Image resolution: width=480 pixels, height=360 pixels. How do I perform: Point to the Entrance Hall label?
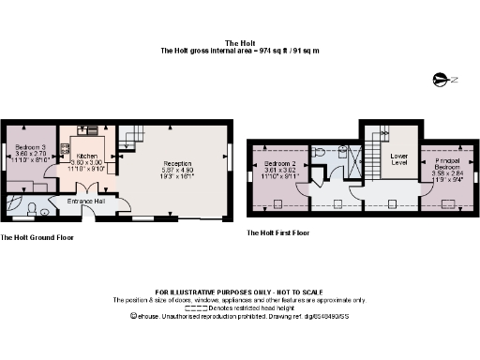click(x=84, y=201)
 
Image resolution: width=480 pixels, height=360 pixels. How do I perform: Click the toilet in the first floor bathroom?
click(x=320, y=151)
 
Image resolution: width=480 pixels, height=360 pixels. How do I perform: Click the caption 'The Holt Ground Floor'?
click(x=37, y=237)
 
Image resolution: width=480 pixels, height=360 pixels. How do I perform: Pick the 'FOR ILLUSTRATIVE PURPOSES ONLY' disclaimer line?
click(x=238, y=292)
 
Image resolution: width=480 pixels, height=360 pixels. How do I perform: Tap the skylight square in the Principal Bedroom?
click(x=442, y=202)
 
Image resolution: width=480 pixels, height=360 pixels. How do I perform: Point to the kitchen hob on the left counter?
click(x=65, y=149)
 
